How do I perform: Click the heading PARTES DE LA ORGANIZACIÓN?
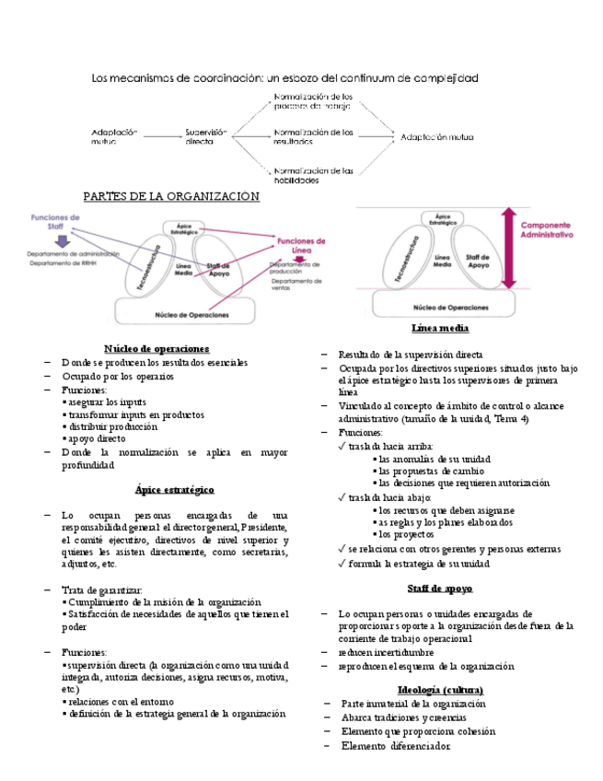tap(172, 196)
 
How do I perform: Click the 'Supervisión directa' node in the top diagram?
tap(205, 136)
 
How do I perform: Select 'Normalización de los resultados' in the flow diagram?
tap(313, 136)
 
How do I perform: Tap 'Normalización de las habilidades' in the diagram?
tap(314, 174)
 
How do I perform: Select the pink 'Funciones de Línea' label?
tap(304, 244)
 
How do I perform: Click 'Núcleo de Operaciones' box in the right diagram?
tap(450, 307)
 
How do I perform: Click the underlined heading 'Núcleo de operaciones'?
tap(157, 349)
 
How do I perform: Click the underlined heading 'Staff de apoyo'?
tap(440, 588)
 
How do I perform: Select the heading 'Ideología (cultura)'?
tap(441, 690)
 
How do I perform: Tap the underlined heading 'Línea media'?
tap(440, 329)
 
